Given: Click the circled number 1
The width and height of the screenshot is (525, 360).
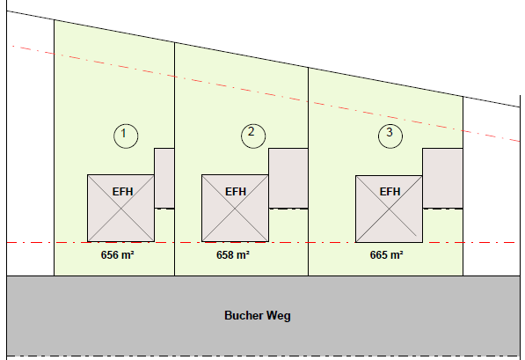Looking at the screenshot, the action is [x=126, y=136].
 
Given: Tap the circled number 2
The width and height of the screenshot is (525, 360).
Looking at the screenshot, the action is [x=253, y=136].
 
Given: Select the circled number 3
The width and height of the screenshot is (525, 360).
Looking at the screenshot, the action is [x=390, y=136].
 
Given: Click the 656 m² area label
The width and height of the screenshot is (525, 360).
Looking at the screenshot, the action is [x=118, y=255].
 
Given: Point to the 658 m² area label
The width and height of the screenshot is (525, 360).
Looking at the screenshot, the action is [x=233, y=255].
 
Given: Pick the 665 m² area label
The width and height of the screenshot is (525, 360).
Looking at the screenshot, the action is [x=386, y=255].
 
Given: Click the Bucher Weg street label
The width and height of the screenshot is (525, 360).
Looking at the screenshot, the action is [x=258, y=316].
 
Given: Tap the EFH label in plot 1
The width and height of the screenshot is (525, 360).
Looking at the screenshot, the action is [x=122, y=192].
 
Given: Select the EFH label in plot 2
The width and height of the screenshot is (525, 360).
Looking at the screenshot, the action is [x=236, y=192].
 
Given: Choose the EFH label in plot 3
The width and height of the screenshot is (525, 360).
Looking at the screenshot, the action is [x=390, y=192].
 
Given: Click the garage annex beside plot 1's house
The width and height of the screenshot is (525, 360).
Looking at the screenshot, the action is [x=164, y=179].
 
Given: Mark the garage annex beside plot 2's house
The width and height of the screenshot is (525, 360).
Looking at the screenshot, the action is [x=288, y=179].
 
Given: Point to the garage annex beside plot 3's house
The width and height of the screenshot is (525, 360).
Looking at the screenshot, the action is [x=442, y=179].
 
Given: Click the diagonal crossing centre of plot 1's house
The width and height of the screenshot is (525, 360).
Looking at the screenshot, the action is [x=120, y=208].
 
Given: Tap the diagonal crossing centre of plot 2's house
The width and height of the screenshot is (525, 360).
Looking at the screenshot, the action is [x=235, y=208].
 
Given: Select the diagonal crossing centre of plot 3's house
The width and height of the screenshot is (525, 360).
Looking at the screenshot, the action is [x=389, y=209].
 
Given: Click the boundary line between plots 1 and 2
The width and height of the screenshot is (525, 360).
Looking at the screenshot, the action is [x=174, y=159].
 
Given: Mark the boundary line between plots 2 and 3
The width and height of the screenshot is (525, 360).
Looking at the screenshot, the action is [x=309, y=172].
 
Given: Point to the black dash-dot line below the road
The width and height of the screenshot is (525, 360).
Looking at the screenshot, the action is [x=262, y=356].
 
